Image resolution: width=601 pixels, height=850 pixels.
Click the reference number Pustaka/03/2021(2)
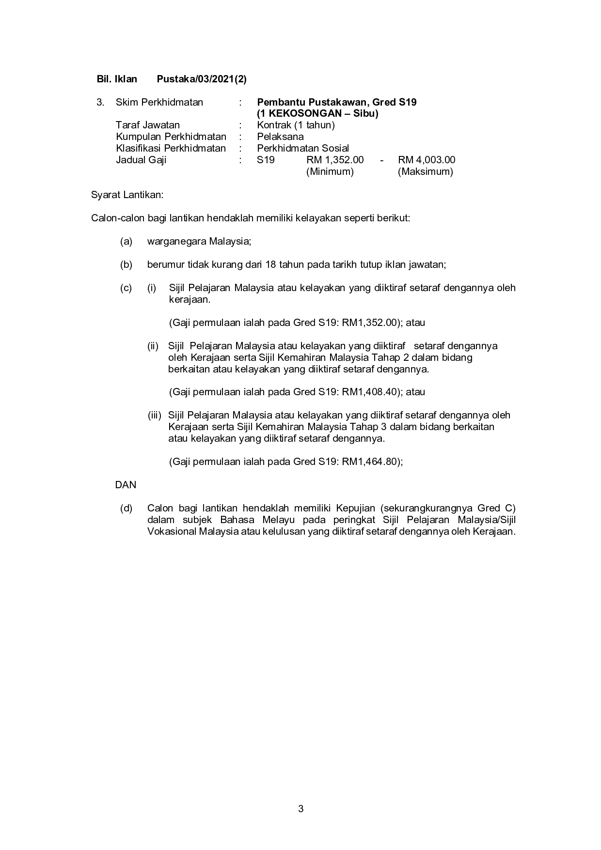coord(202,79)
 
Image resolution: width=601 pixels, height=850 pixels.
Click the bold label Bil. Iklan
coord(117,79)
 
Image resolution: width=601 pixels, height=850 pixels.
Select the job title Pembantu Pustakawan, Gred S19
coord(336,102)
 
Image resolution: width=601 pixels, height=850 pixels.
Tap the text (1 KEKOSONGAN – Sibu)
coord(317,114)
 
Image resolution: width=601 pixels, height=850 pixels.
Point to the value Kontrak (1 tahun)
coord(296,125)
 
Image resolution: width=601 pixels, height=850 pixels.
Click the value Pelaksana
coord(280,137)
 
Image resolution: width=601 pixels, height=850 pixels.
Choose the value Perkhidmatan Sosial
coord(303,148)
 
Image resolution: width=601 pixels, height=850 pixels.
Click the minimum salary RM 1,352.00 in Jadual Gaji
coord(335,160)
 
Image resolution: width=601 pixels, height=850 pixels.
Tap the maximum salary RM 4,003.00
coord(427,160)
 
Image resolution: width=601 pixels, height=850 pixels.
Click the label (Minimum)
coord(330,171)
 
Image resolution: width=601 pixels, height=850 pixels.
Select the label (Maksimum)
coord(425,171)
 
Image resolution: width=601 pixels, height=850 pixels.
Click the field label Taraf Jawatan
coord(147,125)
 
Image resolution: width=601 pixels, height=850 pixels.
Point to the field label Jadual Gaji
coord(141,160)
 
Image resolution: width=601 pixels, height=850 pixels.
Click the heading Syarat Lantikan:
coord(127,195)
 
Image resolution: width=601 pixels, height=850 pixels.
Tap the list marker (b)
coord(126,264)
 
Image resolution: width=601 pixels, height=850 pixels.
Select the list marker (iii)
coord(154,416)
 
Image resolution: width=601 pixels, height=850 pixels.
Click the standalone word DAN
coord(126,485)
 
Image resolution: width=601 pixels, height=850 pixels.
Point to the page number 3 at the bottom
coord(300,808)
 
